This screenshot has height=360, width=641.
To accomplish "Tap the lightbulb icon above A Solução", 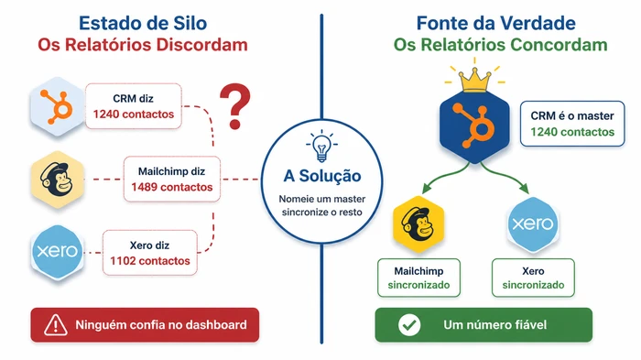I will (x=320, y=147).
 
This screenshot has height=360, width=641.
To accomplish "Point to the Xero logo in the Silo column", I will (x=57, y=249).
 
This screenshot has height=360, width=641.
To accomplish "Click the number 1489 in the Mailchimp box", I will (x=147, y=187).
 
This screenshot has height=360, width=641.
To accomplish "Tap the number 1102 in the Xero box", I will (x=125, y=261).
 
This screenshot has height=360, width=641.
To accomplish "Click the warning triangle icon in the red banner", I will (x=57, y=324).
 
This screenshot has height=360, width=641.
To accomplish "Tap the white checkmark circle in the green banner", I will (x=409, y=324).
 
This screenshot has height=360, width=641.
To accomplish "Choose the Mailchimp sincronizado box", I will (x=418, y=278).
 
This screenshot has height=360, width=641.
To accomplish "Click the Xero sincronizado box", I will (x=533, y=278).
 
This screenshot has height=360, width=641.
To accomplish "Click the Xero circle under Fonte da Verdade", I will (x=531, y=224).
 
